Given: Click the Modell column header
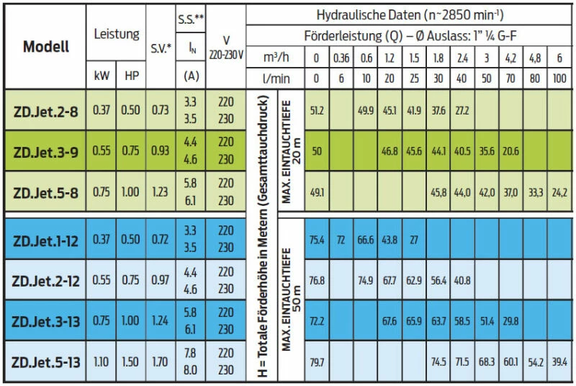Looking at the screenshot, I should click(46, 48).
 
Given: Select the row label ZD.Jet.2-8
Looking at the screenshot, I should click(46, 110).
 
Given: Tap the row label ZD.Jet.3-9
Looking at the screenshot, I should click(46, 151).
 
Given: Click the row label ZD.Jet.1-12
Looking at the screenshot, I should click(46, 240).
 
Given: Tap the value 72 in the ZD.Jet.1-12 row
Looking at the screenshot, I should click(341, 240).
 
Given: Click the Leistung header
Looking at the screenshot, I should click(116, 34).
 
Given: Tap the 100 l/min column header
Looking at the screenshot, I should click(559, 78).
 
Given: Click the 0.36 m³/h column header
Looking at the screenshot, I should click(341, 58).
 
